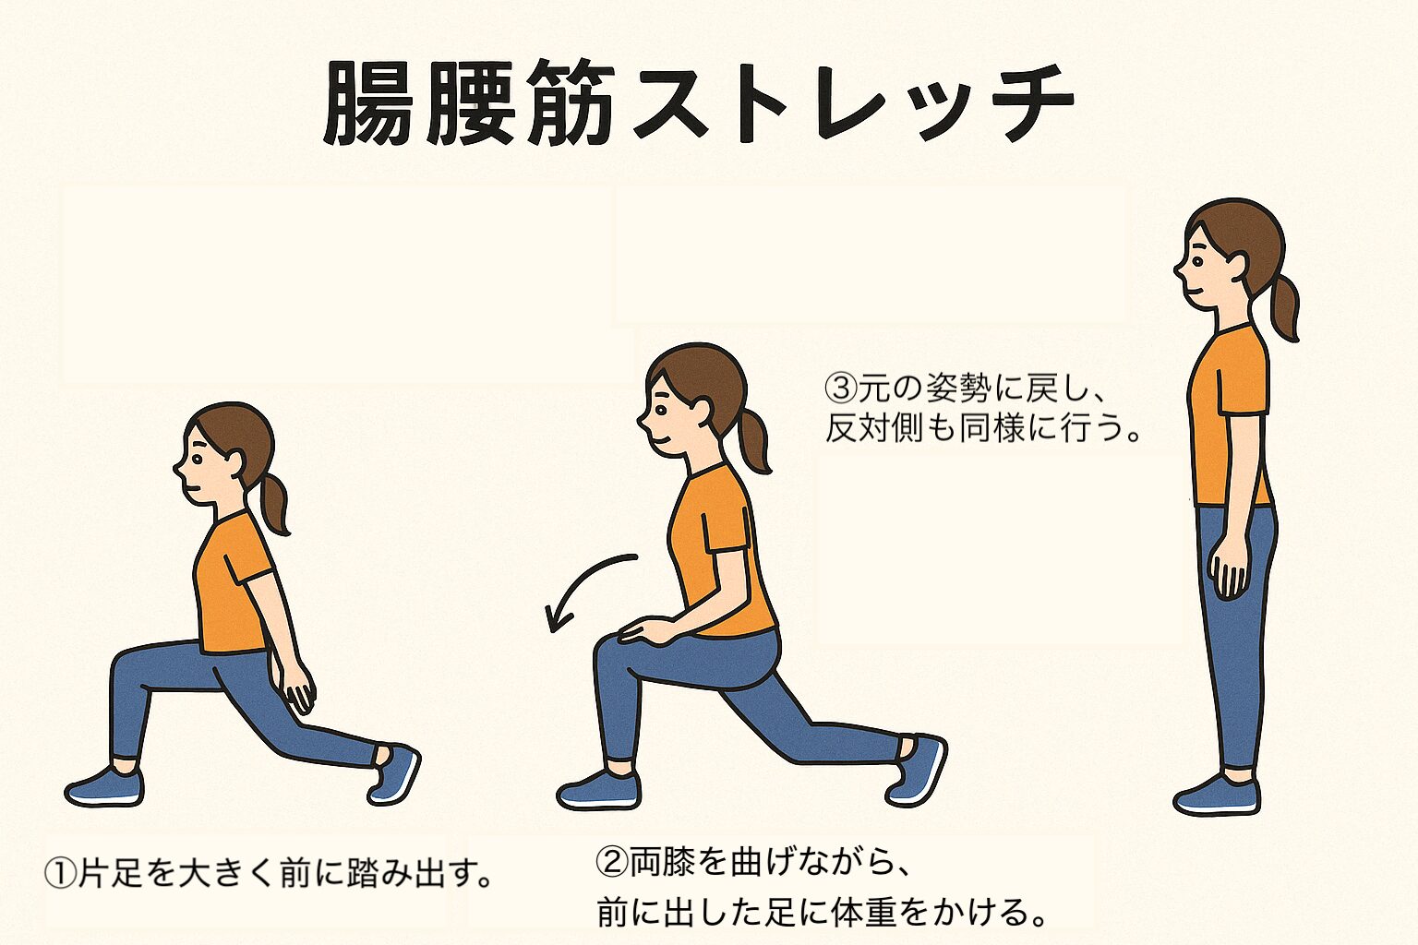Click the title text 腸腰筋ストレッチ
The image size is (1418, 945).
(x=698, y=103)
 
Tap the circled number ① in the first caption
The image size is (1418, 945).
(x=60, y=872)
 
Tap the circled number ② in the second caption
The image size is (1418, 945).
(x=612, y=862)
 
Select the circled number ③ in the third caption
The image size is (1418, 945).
(x=840, y=388)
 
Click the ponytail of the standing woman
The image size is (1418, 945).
(x=1284, y=305)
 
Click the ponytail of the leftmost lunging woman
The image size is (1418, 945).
(x=275, y=503)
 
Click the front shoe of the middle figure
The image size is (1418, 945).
(x=598, y=791)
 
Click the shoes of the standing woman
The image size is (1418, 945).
(x=1218, y=795)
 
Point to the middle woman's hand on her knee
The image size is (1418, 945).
(x=646, y=631)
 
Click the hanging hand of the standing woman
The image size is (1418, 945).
(x=1230, y=567)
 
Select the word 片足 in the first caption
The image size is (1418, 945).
(x=111, y=872)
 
